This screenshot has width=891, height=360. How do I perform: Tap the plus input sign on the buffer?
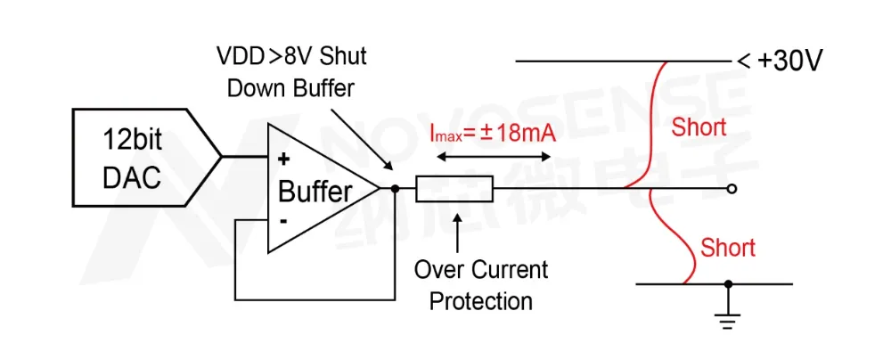[284, 160]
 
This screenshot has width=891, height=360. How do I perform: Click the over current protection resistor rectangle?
[452, 189]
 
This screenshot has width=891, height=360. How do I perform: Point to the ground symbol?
[729, 316]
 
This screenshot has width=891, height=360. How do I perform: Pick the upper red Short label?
[699, 127]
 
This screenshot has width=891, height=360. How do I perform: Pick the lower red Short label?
[728, 247]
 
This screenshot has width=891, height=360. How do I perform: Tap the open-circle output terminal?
[732, 189]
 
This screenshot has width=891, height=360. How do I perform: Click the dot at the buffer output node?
[394, 189]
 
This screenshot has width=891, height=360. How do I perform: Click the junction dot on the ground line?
[729, 284]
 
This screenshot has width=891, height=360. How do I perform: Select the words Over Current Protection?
[481, 284]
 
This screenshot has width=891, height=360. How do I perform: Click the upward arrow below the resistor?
[457, 233]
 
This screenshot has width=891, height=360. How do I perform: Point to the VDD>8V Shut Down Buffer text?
[291, 71]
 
